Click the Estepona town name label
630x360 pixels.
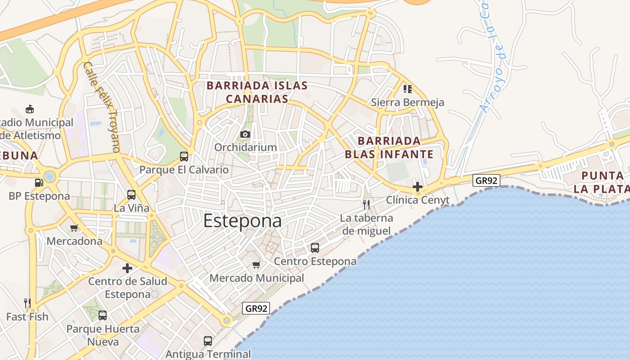point(243,221)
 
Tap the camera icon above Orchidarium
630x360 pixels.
point(245,134)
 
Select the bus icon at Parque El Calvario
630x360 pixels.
point(184,157)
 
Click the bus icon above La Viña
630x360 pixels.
point(131,195)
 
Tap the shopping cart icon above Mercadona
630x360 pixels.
point(74,228)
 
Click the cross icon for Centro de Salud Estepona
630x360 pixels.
point(127,268)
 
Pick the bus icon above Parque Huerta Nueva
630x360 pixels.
point(103,315)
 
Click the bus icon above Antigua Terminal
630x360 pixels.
point(208,341)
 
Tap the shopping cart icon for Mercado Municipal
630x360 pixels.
point(256,265)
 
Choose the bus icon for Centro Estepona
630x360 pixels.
point(315,247)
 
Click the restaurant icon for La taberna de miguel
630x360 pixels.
point(366,205)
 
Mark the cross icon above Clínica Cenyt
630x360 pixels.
point(418,186)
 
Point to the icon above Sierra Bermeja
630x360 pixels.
point(408,89)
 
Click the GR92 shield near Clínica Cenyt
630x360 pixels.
point(486,181)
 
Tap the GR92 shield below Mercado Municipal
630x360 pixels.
point(256,308)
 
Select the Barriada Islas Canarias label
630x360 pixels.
point(257,92)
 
